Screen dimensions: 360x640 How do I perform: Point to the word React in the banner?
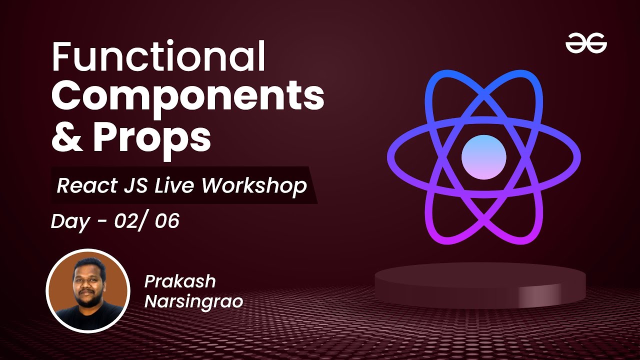tap(84, 185)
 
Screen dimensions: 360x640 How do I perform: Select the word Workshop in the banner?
tap(253, 185)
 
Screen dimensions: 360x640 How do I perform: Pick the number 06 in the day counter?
tap(166, 220)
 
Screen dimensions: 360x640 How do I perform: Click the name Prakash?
tap(180, 281)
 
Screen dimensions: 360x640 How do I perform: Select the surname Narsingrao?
tap(193, 301)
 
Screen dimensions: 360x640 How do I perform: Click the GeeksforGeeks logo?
tap(586, 44)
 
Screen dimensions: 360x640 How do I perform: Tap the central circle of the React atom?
tap(483, 157)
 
